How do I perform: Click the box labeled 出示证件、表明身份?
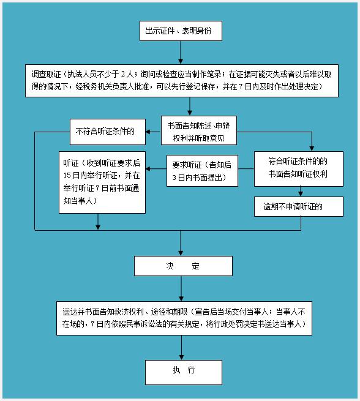[x=181, y=31]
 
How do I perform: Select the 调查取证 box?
[x=182, y=81]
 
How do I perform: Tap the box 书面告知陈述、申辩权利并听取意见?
[x=199, y=130]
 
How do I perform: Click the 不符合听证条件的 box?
[x=108, y=132]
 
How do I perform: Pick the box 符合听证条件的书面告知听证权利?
[x=299, y=169]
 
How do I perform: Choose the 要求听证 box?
[x=202, y=171]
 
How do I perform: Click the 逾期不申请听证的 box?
[x=299, y=207]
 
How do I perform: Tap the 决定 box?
[x=183, y=266]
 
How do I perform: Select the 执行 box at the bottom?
[x=184, y=372]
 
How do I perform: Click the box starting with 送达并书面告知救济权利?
[x=184, y=318]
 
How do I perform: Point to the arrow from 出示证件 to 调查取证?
[x=181, y=53]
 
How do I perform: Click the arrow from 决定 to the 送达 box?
[x=181, y=288]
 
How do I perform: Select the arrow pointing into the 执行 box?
[x=182, y=348]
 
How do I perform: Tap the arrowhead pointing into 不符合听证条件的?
[x=148, y=132]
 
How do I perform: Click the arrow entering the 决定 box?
[x=181, y=243]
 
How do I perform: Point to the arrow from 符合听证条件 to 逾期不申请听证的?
[x=301, y=192]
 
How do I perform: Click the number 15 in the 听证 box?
[x=67, y=176]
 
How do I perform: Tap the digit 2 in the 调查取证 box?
[x=123, y=75]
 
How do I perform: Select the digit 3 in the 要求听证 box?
[x=174, y=178]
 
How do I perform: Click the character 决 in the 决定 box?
[x=170, y=266]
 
